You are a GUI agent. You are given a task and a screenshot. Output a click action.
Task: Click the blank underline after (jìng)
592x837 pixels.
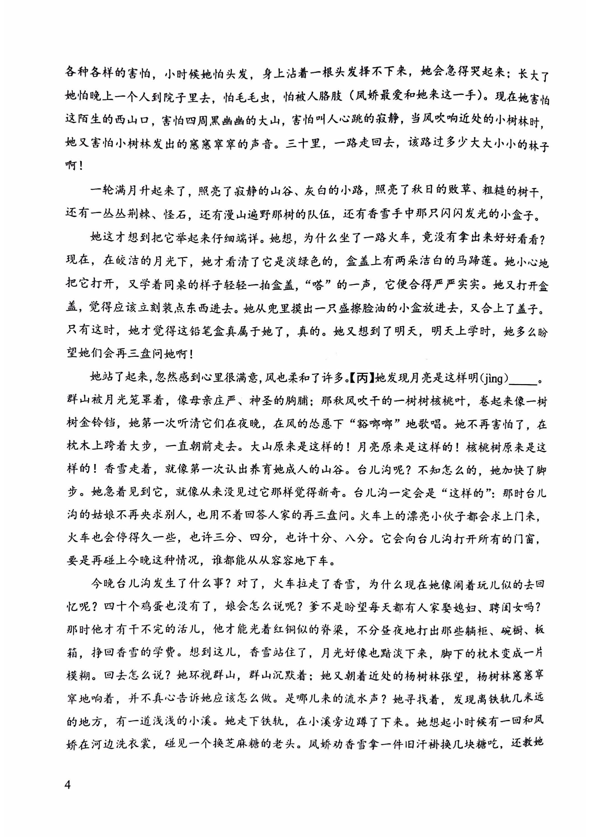pos(522,380)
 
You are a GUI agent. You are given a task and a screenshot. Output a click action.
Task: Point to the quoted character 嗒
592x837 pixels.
pos(318,285)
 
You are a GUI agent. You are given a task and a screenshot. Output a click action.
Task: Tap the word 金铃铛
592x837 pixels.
pos(103,424)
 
